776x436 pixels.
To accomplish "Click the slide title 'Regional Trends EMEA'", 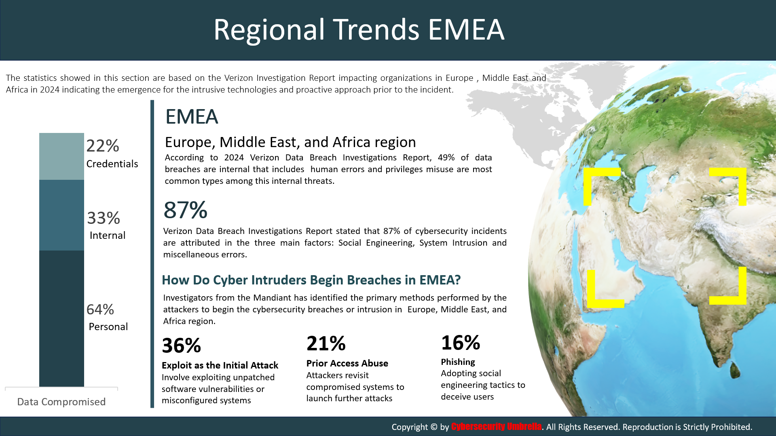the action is (x=359, y=29).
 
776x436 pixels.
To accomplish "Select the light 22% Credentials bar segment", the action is (x=61, y=156).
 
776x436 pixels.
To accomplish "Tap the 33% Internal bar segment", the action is (x=61, y=215).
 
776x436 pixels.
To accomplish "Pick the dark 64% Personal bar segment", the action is (x=61, y=318).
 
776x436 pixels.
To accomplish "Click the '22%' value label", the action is (x=103, y=146).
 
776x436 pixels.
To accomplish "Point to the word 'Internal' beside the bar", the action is (x=108, y=235).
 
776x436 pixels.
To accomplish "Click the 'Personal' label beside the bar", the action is (x=108, y=326).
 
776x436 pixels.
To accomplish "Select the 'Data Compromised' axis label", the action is (x=61, y=402).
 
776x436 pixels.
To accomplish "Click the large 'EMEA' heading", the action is (x=192, y=117).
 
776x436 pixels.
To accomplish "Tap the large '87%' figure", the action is (x=185, y=210).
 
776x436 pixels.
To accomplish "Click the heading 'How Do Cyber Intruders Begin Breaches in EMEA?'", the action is (x=311, y=280).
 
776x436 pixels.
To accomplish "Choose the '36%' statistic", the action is (x=181, y=345).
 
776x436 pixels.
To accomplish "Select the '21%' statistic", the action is (x=326, y=343).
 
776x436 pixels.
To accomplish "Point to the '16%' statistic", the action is (x=461, y=343).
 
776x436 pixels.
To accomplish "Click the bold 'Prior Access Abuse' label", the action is (x=347, y=363).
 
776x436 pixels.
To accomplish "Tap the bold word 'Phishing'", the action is (x=458, y=362).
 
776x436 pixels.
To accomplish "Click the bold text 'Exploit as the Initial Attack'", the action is (x=220, y=365).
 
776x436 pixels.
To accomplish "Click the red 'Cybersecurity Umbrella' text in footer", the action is (x=496, y=426).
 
